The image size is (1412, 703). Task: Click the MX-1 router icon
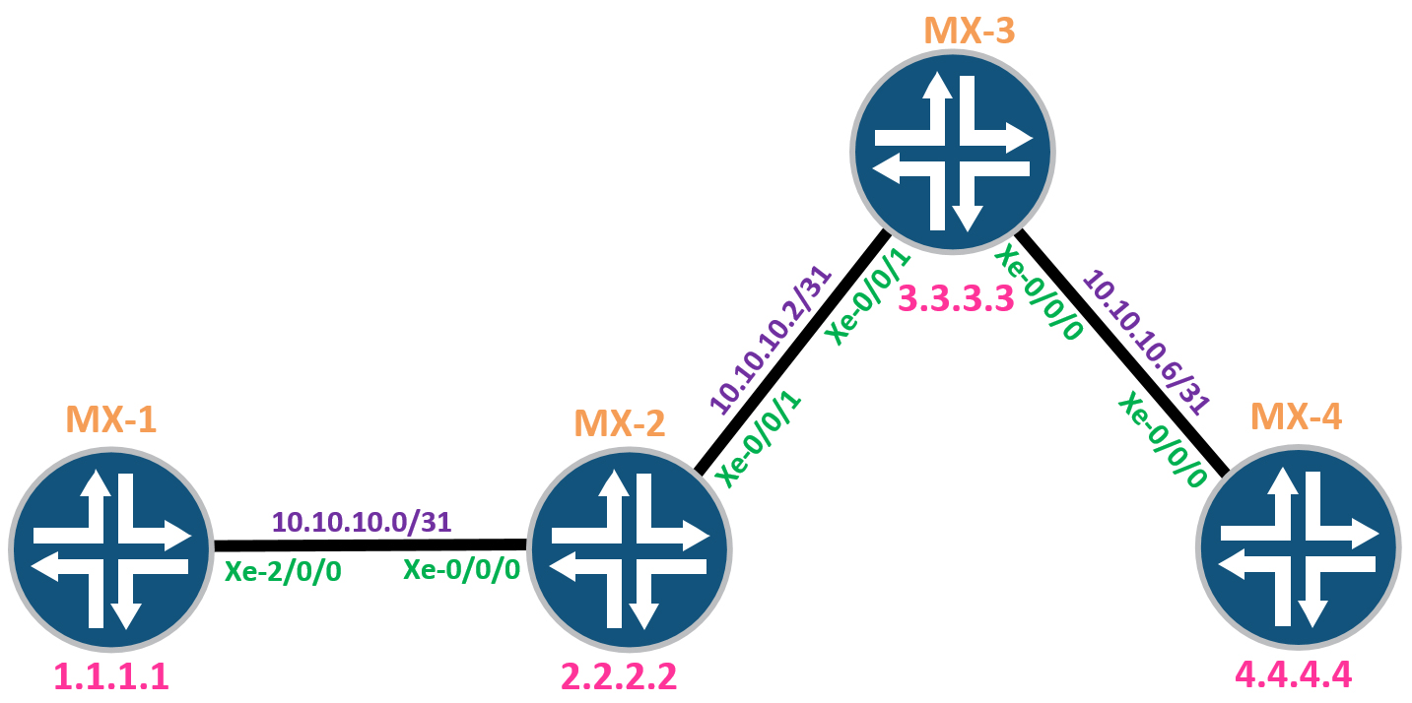coord(111,549)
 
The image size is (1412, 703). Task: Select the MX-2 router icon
coord(629,549)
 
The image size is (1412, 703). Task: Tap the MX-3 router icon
coord(953,152)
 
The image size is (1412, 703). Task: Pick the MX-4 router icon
coord(1299,547)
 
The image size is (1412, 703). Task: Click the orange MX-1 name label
coord(111,418)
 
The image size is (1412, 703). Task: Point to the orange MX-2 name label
coord(620,422)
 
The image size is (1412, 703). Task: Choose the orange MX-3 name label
coord(970,30)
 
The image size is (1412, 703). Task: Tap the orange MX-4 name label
coord(1296,415)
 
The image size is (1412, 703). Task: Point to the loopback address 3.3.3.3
coord(956,298)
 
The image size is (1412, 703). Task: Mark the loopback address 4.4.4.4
coord(1294,674)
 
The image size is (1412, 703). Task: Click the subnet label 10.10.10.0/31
coord(362,522)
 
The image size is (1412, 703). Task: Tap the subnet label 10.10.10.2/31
coord(771,340)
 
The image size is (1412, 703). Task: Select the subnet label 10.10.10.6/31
coord(1146,342)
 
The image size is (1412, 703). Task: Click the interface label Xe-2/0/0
coord(283,571)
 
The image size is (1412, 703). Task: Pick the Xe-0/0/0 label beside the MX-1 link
coord(462,569)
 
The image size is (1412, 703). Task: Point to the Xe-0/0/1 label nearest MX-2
coord(760,440)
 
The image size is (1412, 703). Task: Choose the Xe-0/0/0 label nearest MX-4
coord(1163,440)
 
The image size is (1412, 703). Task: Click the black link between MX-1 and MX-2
coord(370,545)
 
